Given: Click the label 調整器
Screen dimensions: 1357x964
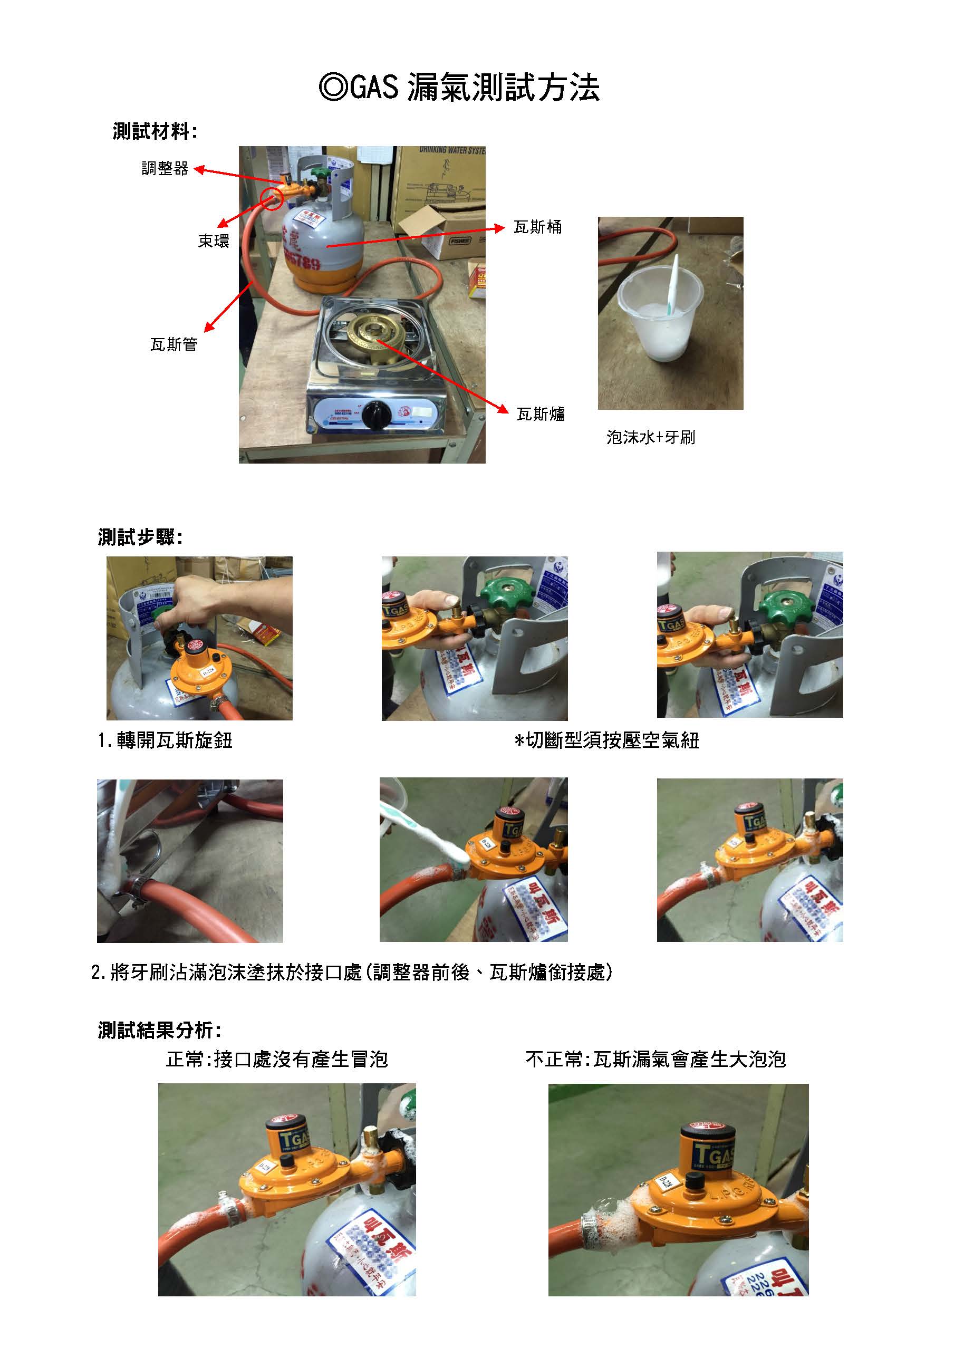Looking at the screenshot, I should [x=165, y=169].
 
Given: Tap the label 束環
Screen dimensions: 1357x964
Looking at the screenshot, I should [x=213, y=241].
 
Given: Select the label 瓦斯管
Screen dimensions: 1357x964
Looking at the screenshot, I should [x=173, y=344].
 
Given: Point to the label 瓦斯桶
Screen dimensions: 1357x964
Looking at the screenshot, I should [x=537, y=227].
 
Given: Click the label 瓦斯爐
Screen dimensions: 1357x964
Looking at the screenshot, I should [x=540, y=414].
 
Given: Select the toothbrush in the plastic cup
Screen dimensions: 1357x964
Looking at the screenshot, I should [x=672, y=285].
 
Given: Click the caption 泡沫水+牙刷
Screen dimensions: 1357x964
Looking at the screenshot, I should [x=650, y=438].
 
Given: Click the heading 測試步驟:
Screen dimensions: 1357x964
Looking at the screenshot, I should [x=140, y=537].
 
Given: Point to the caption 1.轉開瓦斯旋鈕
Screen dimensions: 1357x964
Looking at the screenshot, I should [x=165, y=740].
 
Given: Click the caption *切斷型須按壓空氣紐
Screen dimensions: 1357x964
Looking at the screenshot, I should [x=606, y=740].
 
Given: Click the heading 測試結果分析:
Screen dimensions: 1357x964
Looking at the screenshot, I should [x=159, y=1030].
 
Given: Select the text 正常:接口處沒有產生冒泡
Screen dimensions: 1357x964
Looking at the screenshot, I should [x=277, y=1059].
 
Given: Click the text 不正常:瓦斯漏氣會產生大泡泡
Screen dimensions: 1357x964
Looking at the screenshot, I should [x=655, y=1059].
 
